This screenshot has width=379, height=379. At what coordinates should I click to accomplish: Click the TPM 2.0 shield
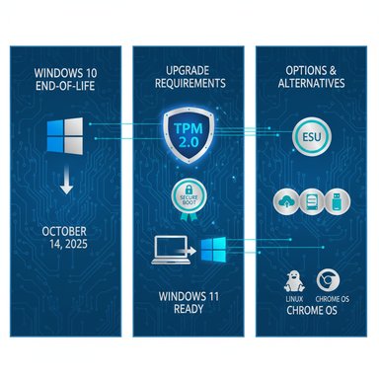coord(189,135)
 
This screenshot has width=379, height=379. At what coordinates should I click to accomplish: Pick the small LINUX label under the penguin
coord(291,298)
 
